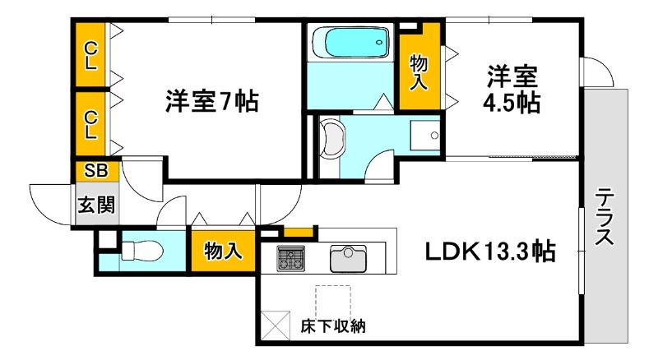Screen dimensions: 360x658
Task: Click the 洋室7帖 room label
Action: click(211, 102)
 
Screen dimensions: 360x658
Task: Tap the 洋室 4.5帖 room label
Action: click(512, 90)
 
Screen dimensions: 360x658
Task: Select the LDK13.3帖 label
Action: click(489, 251)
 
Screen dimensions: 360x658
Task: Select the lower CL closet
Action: click(90, 124)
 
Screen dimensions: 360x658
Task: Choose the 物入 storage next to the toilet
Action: click(223, 251)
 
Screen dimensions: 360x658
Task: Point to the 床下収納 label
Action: click(334, 326)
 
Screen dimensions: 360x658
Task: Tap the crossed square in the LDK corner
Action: click(277, 325)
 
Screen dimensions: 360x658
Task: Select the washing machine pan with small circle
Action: click(426, 136)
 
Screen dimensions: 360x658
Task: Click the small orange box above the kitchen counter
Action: click(300, 231)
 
